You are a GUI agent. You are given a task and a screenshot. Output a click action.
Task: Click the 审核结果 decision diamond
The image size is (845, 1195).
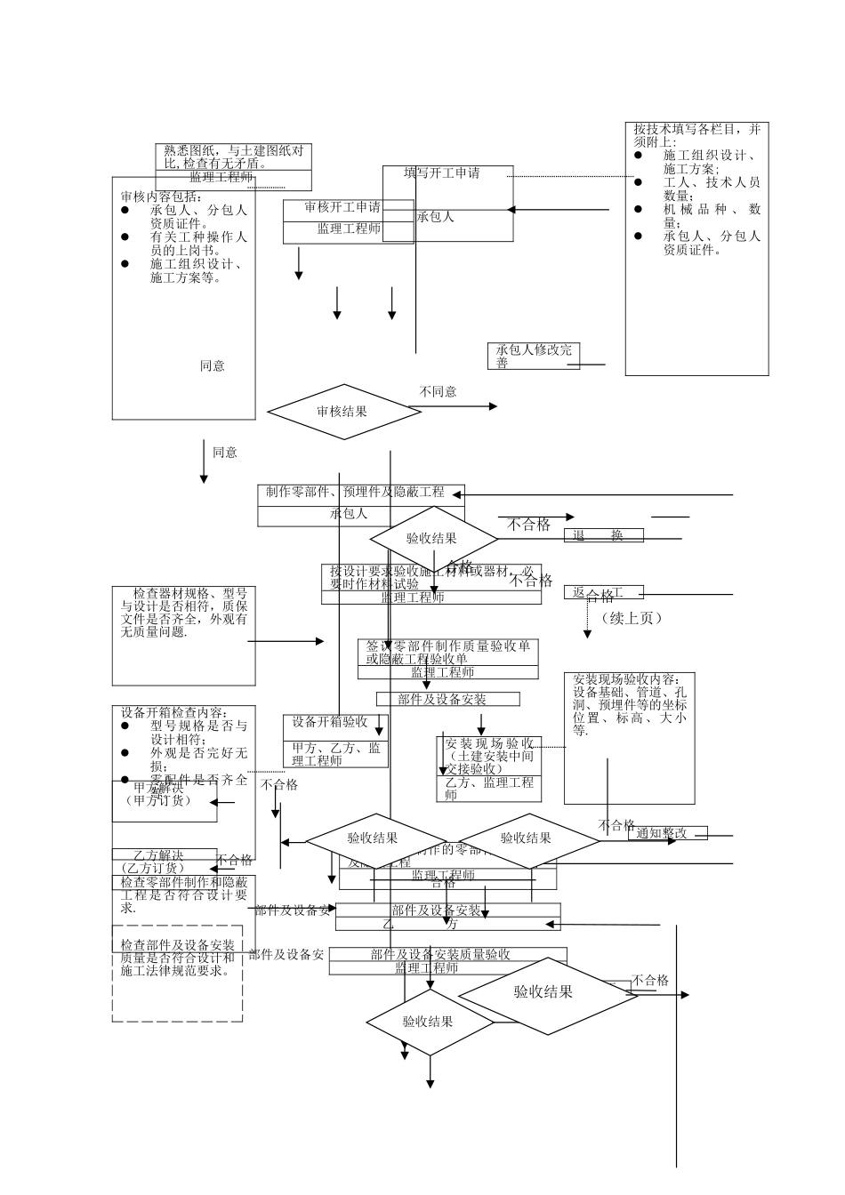click(342, 412)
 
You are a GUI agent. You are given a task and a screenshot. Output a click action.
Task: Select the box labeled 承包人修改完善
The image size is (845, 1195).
click(534, 356)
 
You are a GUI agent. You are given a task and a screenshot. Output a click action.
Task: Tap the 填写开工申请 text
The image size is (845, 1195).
click(442, 173)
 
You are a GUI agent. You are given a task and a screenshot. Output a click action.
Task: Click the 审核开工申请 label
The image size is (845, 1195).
click(342, 207)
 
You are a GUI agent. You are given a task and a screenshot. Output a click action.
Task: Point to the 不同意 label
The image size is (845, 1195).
click(438, 391)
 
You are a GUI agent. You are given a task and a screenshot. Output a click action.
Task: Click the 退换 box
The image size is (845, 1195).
click(604, 535)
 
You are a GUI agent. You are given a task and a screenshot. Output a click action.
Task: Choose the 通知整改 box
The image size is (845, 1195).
click(667, 833)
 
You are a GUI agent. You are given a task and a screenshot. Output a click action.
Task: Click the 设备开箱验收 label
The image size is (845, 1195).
click(329, 722)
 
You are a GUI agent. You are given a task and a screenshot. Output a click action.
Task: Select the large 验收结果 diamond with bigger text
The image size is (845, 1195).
click(544, 993)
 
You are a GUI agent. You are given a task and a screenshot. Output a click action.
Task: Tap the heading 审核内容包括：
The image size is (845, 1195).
click(161, 196)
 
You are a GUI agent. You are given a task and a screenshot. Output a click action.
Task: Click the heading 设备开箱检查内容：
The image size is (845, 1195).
click(174, 712)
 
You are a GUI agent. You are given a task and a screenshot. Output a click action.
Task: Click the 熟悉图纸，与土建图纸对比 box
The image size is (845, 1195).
click(233, 156)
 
